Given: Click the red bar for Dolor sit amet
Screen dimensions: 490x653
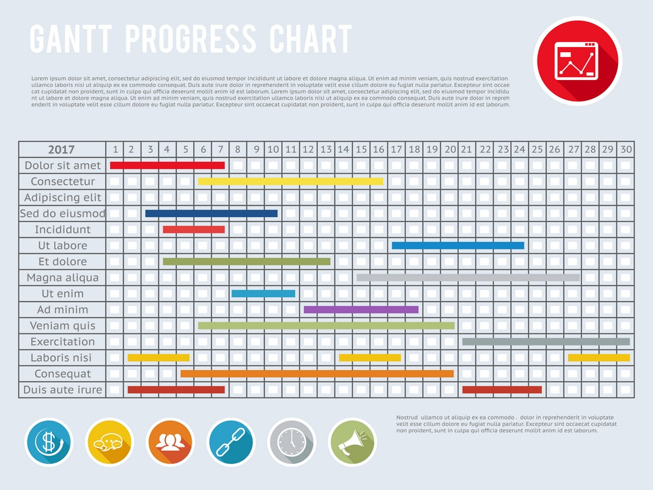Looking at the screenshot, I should [x=167, y=165].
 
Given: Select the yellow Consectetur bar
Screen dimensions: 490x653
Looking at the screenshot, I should [x=291, y=182].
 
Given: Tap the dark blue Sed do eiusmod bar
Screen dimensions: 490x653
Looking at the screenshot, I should [x=211, y=213].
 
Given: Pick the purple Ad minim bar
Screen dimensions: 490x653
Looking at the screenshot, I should [x=361, y=310].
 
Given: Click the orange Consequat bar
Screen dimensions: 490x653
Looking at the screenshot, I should [x=317, y=374].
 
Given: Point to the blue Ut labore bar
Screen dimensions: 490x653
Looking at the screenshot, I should [x=458, y=246].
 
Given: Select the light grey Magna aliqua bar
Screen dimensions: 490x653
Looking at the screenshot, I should [x=468, y=277].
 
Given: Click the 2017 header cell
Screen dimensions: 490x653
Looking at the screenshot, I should [x=62, y=150].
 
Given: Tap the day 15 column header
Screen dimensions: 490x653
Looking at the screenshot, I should [x=361, y=150].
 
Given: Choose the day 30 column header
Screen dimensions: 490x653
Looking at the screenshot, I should [x=626, y=150].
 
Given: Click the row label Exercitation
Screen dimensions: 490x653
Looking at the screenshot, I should [x=63, y=341].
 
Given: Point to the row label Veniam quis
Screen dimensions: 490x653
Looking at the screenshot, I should [x=63, y=326].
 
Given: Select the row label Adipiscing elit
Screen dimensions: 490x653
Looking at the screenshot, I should [x=63, y=197].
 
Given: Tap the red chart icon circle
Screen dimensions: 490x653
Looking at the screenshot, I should [x=577, y=61].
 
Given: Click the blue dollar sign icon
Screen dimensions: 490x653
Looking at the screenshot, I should [x=49, y=442].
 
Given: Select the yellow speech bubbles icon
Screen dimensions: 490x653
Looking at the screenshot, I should [x=109, y=442].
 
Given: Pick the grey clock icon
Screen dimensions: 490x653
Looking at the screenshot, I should [x=292, y=442].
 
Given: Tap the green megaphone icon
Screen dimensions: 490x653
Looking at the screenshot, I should [x=352, y=442].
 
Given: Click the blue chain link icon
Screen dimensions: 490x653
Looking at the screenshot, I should [x=231, y=442].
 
